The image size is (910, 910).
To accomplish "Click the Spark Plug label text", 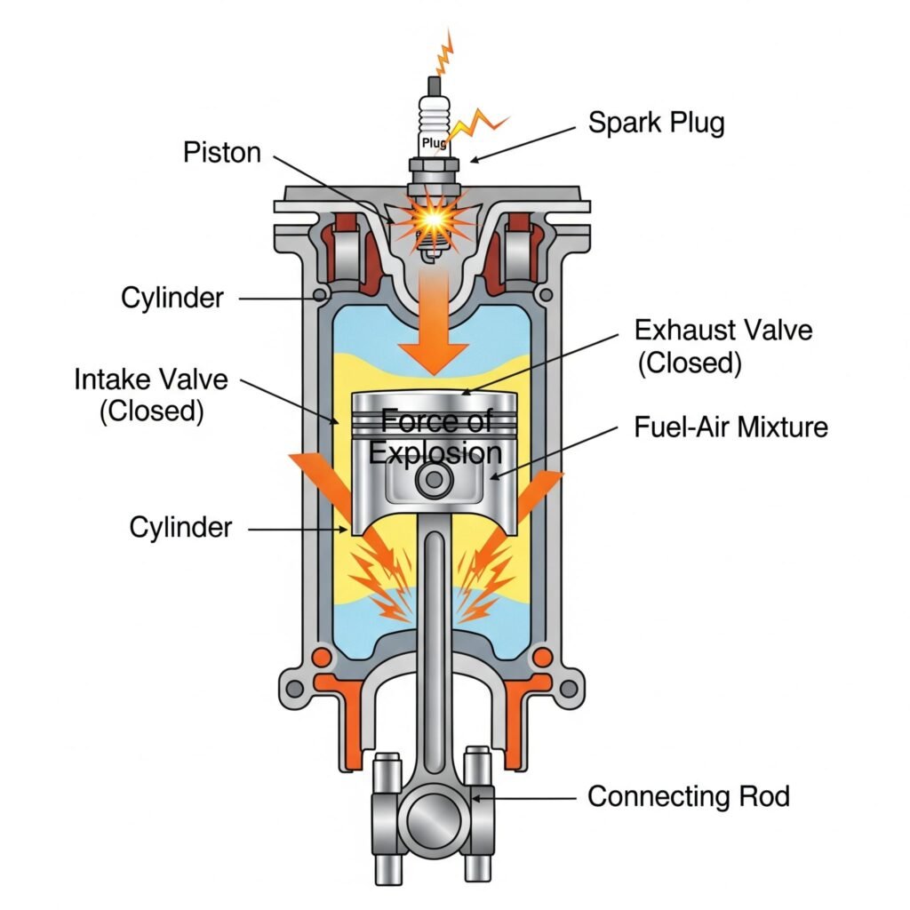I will point(656,123).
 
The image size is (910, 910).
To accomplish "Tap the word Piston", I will point(222,152).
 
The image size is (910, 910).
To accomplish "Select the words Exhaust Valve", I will point(722,331).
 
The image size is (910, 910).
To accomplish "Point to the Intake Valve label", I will point(151,380).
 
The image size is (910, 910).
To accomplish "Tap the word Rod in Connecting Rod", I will point(763,795).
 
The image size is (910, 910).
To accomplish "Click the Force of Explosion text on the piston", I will point(435,436).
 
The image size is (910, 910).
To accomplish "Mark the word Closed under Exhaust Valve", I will point(690,363).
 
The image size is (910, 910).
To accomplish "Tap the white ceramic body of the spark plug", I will point(434,116).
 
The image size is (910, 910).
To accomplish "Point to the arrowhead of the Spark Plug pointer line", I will point(472,161).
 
